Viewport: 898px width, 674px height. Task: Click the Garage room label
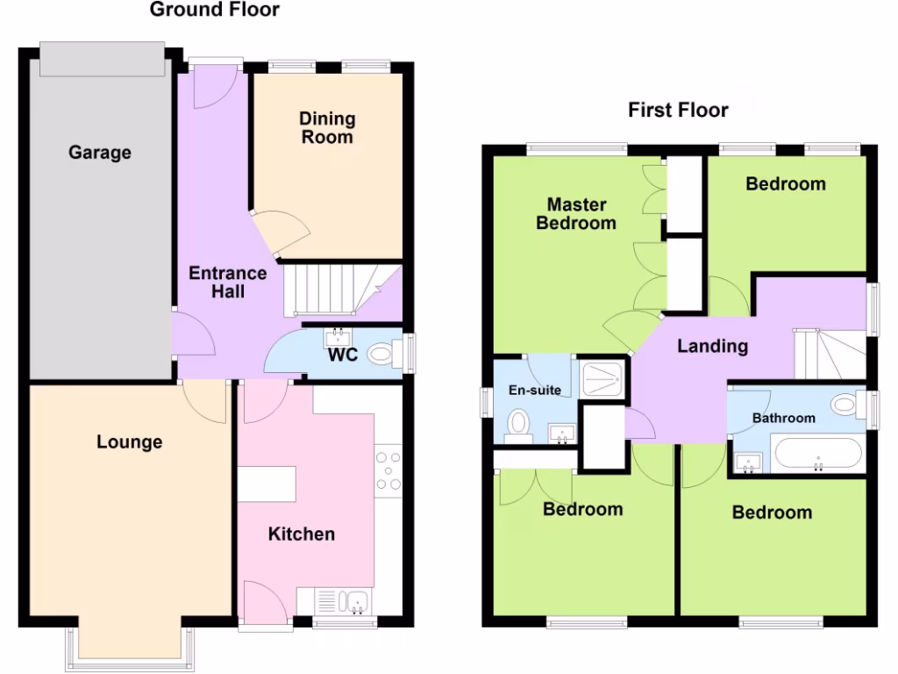[100, 153]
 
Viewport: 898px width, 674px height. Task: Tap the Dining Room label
[327, 128]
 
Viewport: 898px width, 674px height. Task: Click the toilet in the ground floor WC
[382, 355]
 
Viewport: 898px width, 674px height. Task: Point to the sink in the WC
[337, 338]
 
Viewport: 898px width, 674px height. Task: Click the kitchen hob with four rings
[388, 471]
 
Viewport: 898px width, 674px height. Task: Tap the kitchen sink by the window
[355, 602]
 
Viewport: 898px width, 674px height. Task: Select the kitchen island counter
[267, 484]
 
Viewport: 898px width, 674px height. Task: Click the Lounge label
[129, 442]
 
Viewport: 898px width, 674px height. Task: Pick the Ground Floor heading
[215, 11]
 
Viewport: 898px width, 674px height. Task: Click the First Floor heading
[678, 111]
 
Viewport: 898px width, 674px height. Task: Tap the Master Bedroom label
[576, 214]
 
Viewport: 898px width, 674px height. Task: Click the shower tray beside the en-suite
[603, 377]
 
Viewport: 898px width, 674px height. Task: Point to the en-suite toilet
[520, 424]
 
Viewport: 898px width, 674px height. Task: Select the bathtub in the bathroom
[817, 454]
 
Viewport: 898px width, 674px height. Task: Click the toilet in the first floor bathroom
[844, 405]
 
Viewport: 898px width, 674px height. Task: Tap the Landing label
[712, 347]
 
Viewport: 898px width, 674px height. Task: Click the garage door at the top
[102, 60]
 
